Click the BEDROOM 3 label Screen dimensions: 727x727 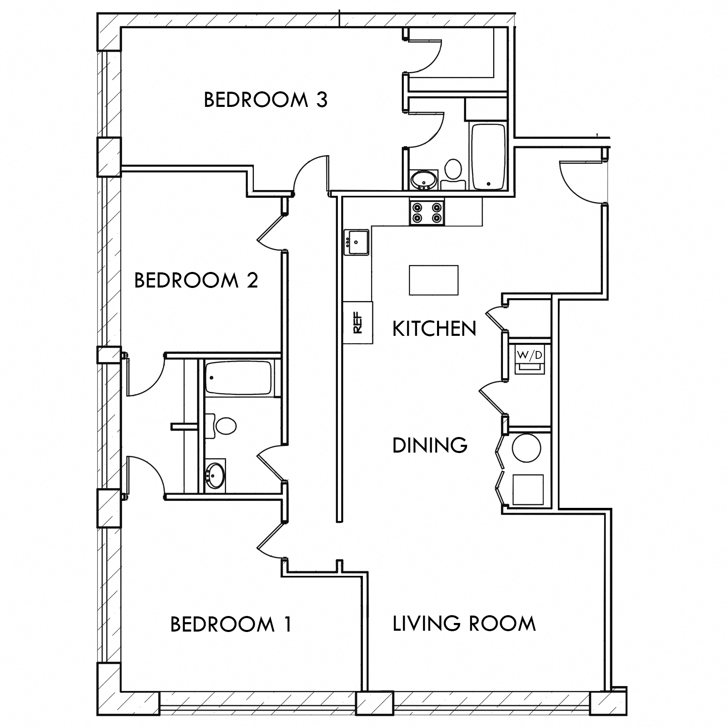265,100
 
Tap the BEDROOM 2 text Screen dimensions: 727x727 196,281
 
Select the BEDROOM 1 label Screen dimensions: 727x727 231,624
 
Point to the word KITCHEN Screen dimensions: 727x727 434,329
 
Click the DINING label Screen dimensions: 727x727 430,445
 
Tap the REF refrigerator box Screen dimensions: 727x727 358,322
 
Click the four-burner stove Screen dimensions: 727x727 426,213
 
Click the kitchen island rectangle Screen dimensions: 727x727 433,280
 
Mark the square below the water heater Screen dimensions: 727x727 528,489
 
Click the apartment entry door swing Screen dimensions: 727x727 580,182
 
